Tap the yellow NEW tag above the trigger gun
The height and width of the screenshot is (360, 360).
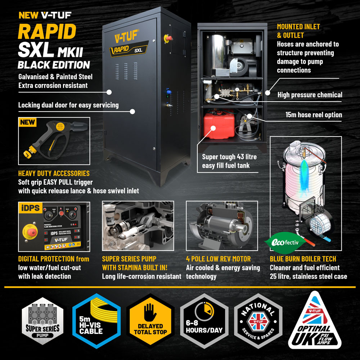(28, 122)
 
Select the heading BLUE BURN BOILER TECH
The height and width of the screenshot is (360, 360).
(303, 259)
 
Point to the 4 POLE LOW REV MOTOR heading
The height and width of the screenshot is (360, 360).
(218, 259)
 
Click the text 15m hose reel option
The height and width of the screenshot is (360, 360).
(313, 115)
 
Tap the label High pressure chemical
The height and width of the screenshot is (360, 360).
(310, 95)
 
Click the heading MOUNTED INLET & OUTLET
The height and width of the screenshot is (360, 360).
(298, 31)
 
